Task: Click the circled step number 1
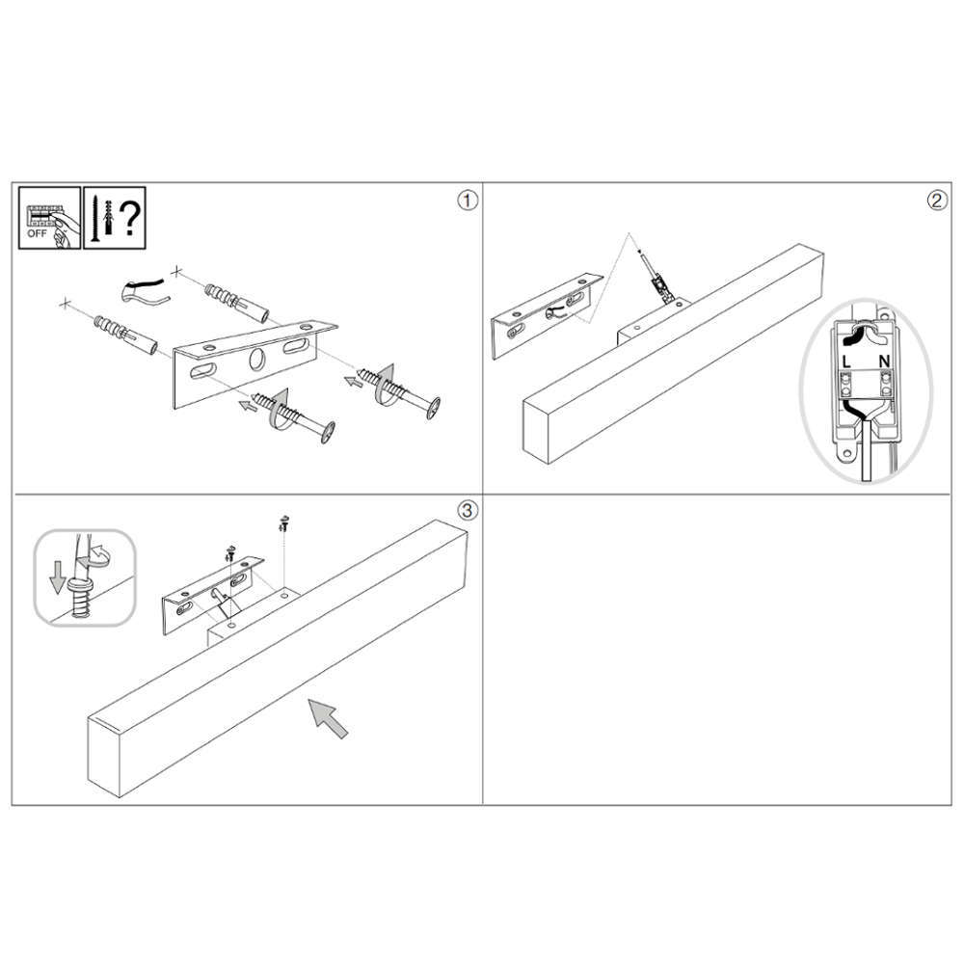468,201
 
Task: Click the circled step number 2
937,201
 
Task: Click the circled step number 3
468,510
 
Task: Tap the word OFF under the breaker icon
37,233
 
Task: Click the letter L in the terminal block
846,361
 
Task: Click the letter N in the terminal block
884,361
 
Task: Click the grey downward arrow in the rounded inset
57,578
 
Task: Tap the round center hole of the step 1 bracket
257,360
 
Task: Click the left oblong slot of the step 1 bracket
202,371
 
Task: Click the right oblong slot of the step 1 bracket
296,346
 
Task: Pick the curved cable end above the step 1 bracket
144,291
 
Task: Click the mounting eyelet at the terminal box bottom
848,454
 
